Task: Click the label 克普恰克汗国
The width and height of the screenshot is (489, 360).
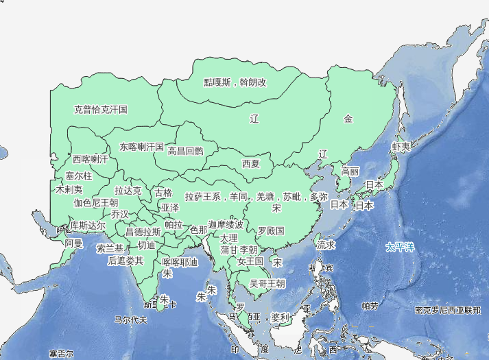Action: [x=101, y=109]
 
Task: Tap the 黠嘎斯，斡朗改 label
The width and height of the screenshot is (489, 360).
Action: [x=235, y=82]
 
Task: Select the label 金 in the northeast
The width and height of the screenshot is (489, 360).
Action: [x=348, y=119]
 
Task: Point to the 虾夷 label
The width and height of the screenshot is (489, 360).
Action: [x=401, y=146]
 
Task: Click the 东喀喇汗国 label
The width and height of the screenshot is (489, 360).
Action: [x=141, y=147]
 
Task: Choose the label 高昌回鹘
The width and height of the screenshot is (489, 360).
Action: [x=185, y=151]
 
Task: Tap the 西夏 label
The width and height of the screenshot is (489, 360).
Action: [x=251, y=164]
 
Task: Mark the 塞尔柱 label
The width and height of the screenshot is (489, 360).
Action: [x=78, y=176]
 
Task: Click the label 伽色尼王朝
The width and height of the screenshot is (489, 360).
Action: [x=96, y=203]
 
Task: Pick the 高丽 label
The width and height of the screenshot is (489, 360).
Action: [x=350, y=171]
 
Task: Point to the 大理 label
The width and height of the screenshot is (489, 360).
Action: [x=229, y=238]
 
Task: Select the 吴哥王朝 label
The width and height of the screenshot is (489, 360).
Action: [x=267, y=283]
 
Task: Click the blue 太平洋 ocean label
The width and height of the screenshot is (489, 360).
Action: [x=401, y=246]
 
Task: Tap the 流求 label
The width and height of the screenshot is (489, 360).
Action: [x=326, y=244]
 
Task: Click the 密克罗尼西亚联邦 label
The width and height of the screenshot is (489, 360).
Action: [x=448, y=310]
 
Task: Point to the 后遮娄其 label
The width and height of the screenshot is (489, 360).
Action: [x=126, y=261]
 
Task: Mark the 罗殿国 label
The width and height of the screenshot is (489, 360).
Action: [x=271, y=230]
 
